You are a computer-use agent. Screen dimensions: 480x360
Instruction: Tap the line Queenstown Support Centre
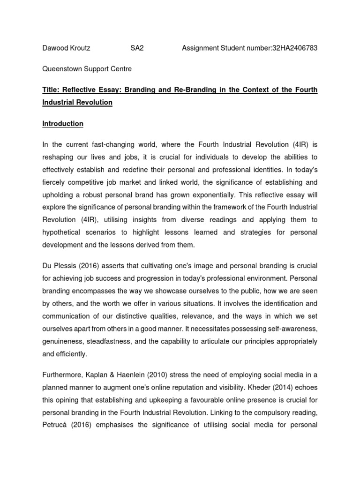[x=87, y=69]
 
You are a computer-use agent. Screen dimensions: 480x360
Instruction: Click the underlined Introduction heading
[x=63, y=124]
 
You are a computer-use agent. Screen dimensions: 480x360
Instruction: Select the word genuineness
[x=63, y=341]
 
